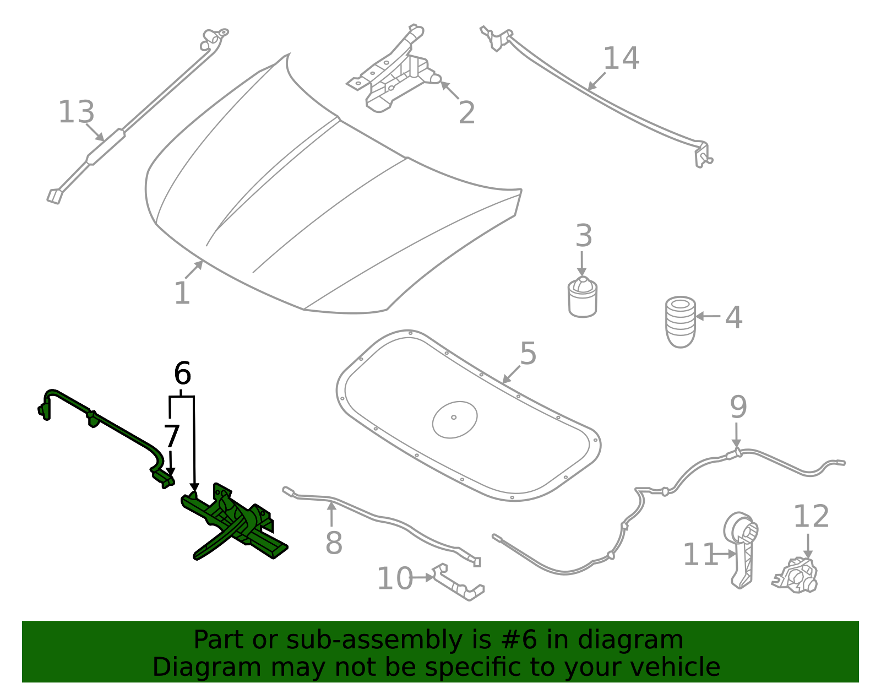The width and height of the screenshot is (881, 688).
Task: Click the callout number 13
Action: point(76,112)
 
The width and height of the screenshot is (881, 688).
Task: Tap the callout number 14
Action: point(621,58)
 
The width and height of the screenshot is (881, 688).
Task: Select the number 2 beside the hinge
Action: point(466,113)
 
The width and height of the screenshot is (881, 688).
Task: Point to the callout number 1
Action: point(182,293)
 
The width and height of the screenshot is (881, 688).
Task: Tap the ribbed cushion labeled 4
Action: point(681,322)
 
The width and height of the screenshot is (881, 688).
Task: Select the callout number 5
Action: point(527,354)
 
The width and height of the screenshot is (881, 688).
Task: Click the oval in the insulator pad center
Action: point(455,419)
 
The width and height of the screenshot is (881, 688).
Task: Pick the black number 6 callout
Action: point(182,373)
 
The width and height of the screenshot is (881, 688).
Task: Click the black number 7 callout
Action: point(172,436)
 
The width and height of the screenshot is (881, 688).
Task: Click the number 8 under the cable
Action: point(334,543)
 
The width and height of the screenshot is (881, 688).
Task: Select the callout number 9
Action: point(738,407)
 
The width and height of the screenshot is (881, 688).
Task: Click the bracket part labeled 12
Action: point(796,576)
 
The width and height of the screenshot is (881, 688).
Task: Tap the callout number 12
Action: point(811,517)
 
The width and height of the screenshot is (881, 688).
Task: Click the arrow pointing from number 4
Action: point(708,316)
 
